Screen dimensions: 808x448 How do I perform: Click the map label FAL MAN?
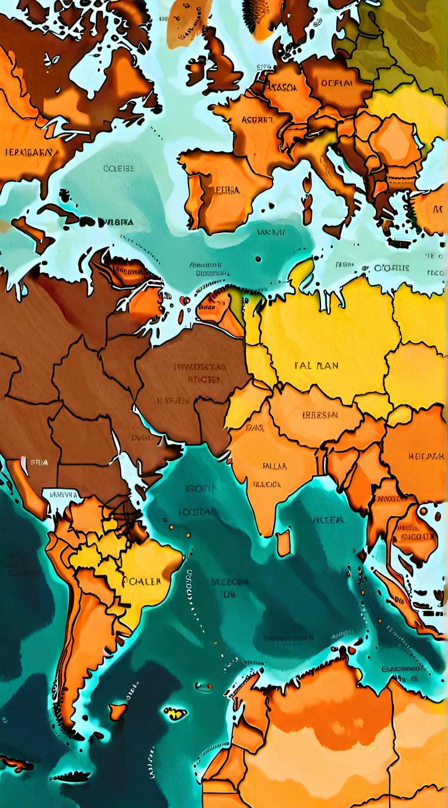(x=316, y=366)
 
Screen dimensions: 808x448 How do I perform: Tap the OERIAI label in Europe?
(x=337, y=83)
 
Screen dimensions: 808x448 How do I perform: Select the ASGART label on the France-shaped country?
(x=257, y=119)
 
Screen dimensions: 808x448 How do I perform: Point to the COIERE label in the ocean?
(x=119, y=168)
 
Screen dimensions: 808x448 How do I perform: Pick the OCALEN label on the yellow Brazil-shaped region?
(x=142, y=581)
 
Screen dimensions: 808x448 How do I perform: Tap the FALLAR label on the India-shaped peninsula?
(x=275, y=466)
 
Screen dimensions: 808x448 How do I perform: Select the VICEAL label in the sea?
(x=328, y=520)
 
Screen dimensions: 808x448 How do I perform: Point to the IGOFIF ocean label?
(x=200, y=488)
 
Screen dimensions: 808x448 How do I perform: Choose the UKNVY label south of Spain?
(x=271, y=232)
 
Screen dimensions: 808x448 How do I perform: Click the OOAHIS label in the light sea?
(x=392, y=268)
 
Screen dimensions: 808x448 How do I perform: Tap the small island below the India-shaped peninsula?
(x=284, y=542)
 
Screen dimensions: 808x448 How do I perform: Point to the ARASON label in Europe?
(x=282, y=87)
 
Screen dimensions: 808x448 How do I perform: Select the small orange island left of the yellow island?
(x=118, y=710)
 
